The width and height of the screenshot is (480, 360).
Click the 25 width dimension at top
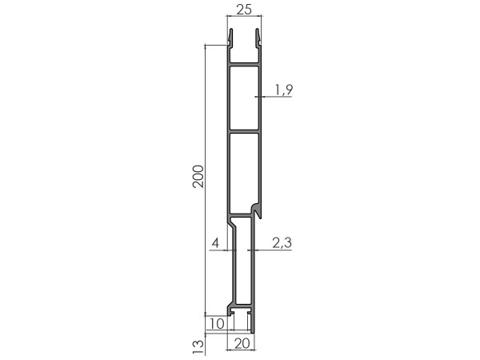[244, 10]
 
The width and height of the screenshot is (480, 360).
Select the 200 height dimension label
[198, 176]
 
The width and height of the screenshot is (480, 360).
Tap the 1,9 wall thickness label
[284, 90]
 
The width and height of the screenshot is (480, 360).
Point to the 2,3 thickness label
[282, 242]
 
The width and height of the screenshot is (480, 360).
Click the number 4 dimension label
[215, 243]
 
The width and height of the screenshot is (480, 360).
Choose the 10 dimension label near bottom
[217, 324]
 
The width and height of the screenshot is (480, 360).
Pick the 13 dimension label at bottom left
[198, 347]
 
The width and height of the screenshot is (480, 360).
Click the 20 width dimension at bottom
[242, 344]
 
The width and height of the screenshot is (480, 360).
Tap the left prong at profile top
[230, 38]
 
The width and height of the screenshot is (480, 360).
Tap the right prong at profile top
[258, 38]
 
